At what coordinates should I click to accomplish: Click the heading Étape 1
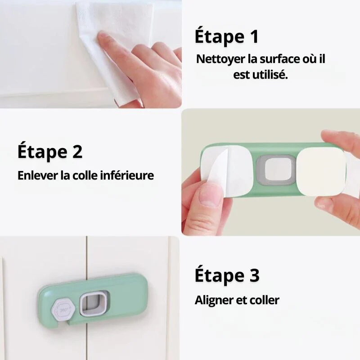coord(227,37)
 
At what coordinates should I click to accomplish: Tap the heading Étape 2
coord(50,152)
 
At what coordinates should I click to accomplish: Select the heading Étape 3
coord(227,275)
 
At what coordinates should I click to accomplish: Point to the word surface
coord(284,59)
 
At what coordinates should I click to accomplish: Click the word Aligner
coord(215,300)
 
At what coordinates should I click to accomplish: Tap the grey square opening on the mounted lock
coord(94,303)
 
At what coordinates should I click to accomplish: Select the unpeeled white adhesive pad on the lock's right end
coord(321,171)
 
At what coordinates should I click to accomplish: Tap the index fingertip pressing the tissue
coord(103,38)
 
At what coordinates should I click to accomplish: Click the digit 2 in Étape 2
coord(77,152)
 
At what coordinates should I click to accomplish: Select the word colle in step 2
coord(85,175)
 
